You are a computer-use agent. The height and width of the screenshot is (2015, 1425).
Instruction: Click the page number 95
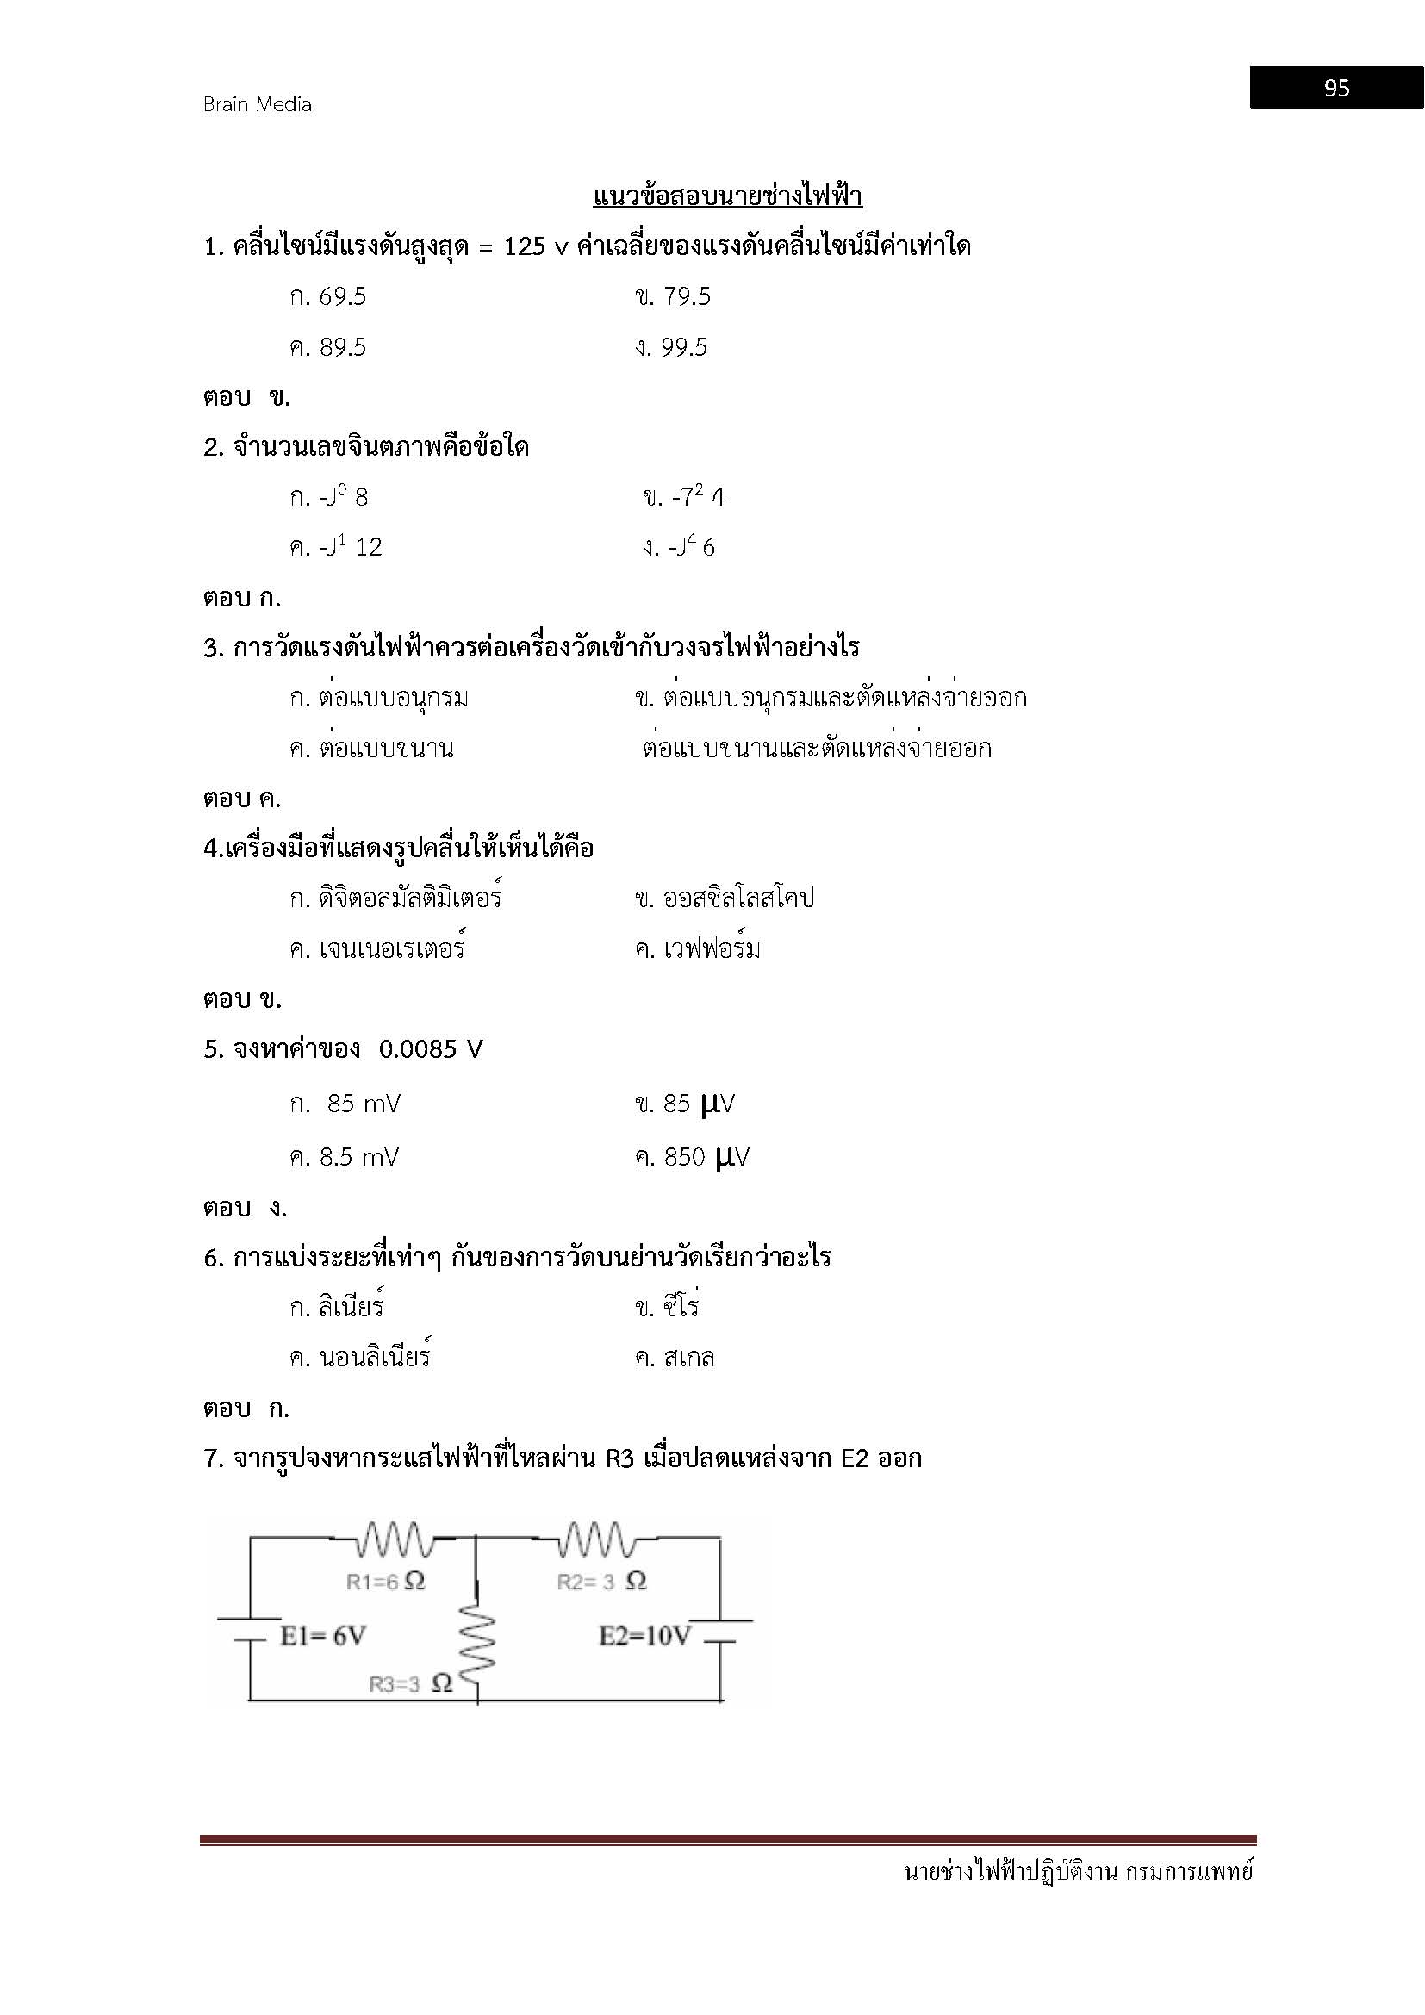1336,88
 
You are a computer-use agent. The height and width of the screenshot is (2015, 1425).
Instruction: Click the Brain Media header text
257,104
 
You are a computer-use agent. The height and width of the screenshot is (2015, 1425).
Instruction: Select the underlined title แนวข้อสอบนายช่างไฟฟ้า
727,196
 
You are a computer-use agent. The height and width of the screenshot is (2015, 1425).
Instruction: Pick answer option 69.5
342,297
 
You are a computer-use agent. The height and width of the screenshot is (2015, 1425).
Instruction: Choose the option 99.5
684,348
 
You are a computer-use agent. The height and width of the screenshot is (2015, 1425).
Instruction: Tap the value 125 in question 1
525,247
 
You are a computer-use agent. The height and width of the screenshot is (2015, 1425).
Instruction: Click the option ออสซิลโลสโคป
739,899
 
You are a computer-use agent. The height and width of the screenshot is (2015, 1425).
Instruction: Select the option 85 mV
364,1104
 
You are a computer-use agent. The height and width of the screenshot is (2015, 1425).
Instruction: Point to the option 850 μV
706,1158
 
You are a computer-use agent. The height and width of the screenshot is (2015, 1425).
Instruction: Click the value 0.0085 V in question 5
431,1049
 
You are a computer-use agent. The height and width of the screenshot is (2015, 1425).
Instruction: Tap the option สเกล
689,1359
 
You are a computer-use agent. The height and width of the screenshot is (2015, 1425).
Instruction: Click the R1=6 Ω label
386,1582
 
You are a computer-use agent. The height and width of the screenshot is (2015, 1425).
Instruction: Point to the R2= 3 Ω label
602,1582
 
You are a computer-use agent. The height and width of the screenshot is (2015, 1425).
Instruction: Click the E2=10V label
645,1636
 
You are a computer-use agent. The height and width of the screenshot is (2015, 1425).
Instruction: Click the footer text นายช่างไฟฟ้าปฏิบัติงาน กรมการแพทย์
1079,1872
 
